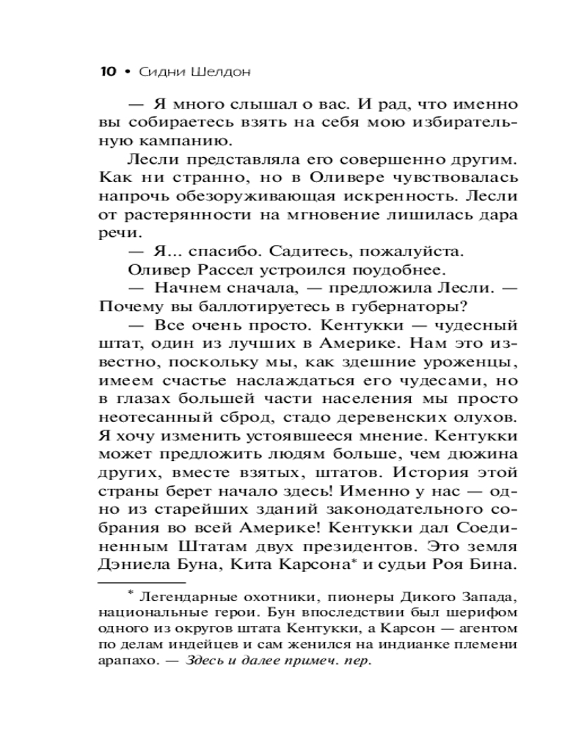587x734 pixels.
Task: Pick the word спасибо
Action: (209, 251)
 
